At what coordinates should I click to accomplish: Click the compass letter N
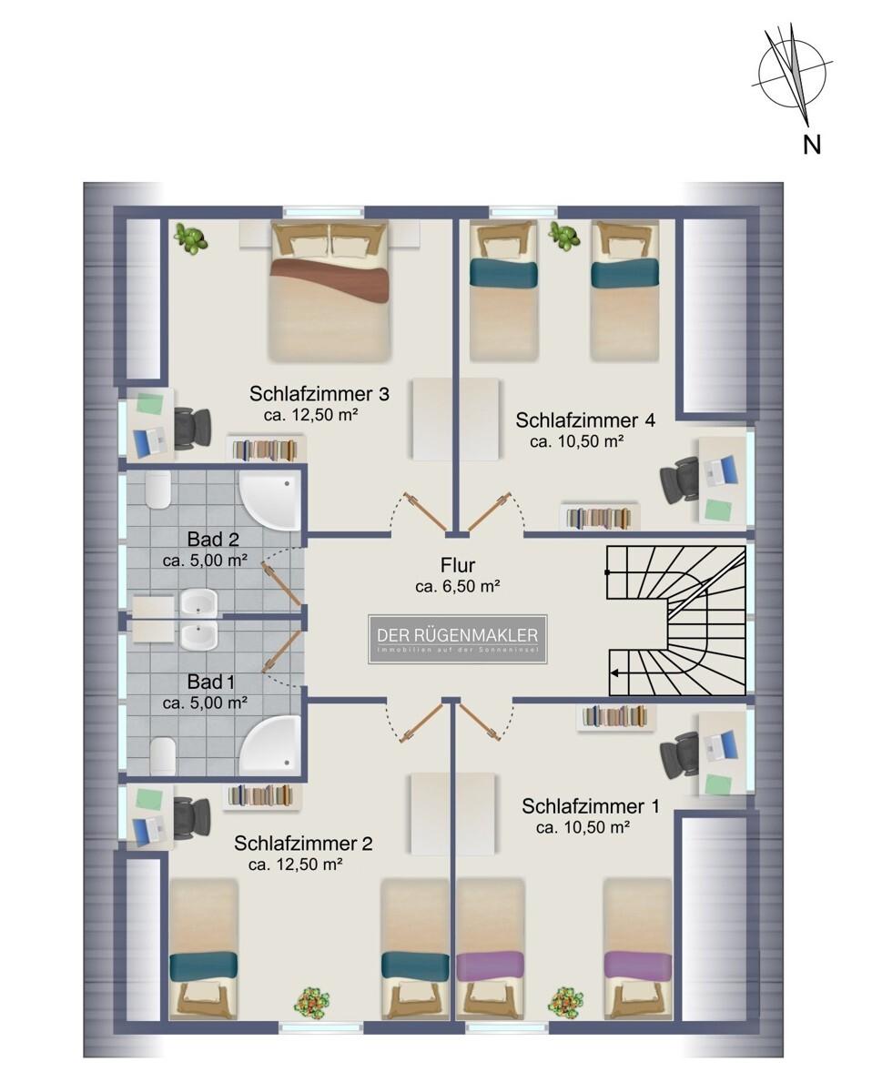[811, 143]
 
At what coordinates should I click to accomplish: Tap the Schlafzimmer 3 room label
[319, 394]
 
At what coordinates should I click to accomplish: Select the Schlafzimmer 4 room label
[584, 420]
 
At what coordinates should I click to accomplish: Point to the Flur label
[457, 567]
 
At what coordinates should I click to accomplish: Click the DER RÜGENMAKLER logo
[457, 640]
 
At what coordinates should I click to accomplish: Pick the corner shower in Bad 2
[269, 501]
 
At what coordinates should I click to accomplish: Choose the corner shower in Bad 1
[269, 745]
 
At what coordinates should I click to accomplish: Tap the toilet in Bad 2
[159, 492]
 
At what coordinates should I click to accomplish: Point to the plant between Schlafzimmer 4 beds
[564, 236]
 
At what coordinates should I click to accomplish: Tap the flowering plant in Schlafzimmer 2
[311, 1002]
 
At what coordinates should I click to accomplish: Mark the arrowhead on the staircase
[615, 673]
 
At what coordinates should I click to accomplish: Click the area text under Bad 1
[205, 703]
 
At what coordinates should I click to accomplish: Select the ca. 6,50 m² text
[457, 587]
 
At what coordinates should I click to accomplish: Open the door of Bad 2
[281, 581]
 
